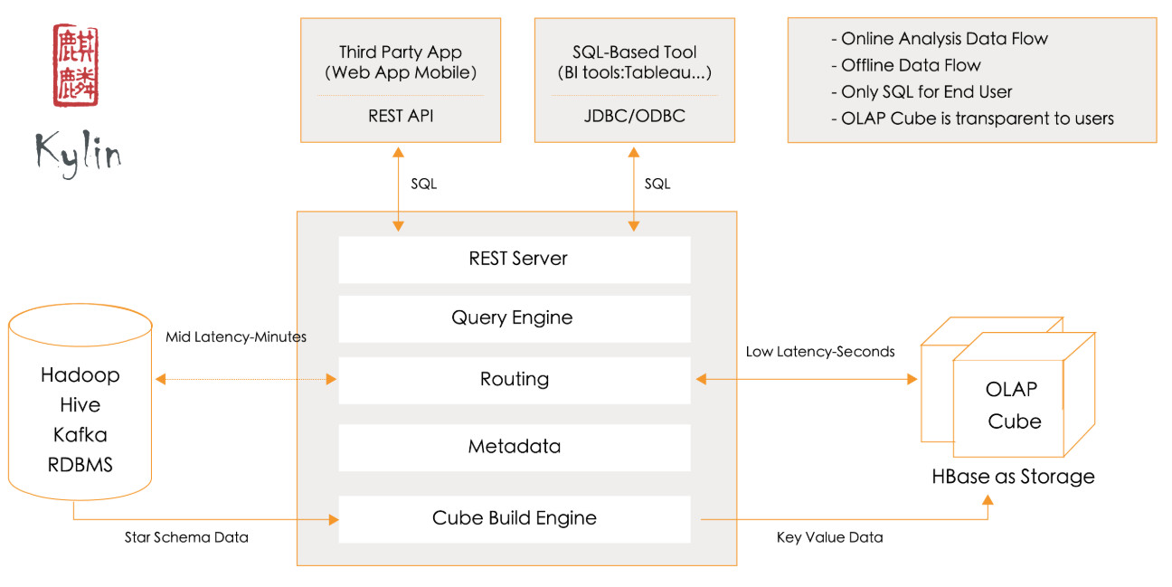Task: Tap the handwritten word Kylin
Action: coord(79,151)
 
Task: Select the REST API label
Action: coord(400,116)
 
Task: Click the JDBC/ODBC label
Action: coord(634,116)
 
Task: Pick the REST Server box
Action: coord(514,259)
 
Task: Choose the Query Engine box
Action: coord(514,317)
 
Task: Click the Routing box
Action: coord(514,379)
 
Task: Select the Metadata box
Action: coord(514,446)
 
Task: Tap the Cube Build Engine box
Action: coord(514,518)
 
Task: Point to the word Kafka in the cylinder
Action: coord(80,435)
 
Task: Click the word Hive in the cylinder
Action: coord(80,404)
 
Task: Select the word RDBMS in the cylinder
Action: coord(80,465)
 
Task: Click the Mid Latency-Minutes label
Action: coord(236,337)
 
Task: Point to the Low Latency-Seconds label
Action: coord(820,351)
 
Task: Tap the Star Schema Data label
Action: coord(186,537)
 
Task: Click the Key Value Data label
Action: coord(829,537)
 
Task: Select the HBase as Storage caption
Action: coord(1013,477)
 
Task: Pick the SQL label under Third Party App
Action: coord(423,184)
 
